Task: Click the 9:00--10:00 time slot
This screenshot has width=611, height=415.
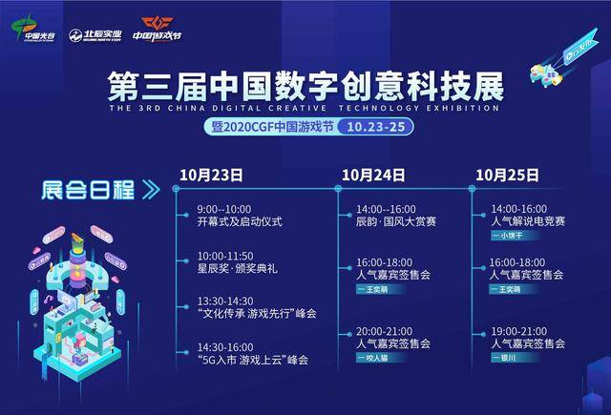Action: (x=224, y=208)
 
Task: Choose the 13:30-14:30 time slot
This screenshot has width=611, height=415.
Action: (x=225, y=300)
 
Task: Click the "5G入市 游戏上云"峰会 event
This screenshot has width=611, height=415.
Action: (x=253, y=360)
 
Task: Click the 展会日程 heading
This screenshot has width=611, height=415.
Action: (x=87, y=187)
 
